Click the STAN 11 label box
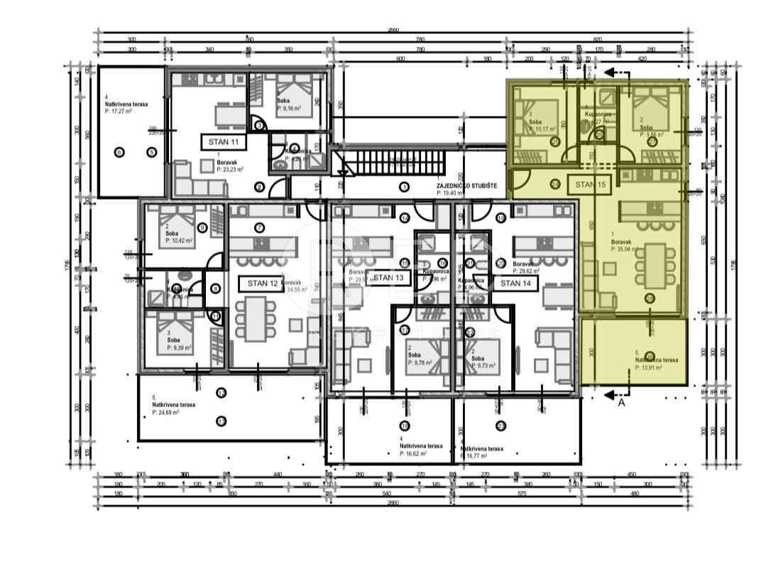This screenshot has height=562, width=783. click(x=224, y=142)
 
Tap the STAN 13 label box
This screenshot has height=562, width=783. click(x=388, y=278)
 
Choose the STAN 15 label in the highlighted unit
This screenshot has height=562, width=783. click(x=590, y=184)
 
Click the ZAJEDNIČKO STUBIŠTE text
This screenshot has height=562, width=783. click(x=466, y=185)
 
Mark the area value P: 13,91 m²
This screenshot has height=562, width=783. click(x=649, y=368)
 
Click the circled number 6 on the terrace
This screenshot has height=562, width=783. click(x=119, y=151)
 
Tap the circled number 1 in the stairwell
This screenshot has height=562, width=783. click(x=404, y=188)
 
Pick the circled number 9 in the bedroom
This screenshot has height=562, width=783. click(x=202, y=227)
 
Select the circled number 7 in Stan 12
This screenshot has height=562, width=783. click(x=259, y=227)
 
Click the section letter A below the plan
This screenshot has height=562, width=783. click(x=621, y=402)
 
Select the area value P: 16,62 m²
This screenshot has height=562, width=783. click(x=421, y=453)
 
